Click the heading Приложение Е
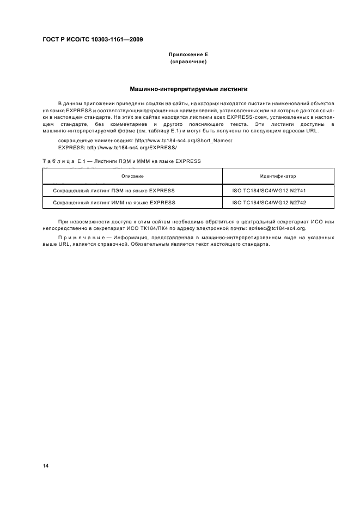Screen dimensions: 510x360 tap(188, 54)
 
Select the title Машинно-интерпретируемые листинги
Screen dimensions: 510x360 tap(188, 88)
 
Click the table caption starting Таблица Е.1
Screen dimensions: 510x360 tap(121, 161)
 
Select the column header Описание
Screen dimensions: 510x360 tap(132, 177)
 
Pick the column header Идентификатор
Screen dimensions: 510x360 tap(278, 177)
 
